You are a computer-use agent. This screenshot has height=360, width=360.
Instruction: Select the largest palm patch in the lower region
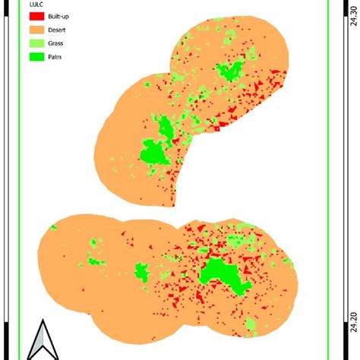(222, 274)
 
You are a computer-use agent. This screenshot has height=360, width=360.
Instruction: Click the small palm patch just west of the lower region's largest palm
(141, 271)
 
